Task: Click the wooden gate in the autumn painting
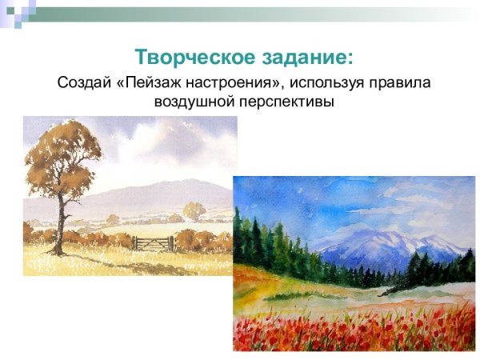[x=151, y=242]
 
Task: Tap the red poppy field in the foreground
[x=352, y=328]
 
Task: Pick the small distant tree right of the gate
[x=193, y=211]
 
